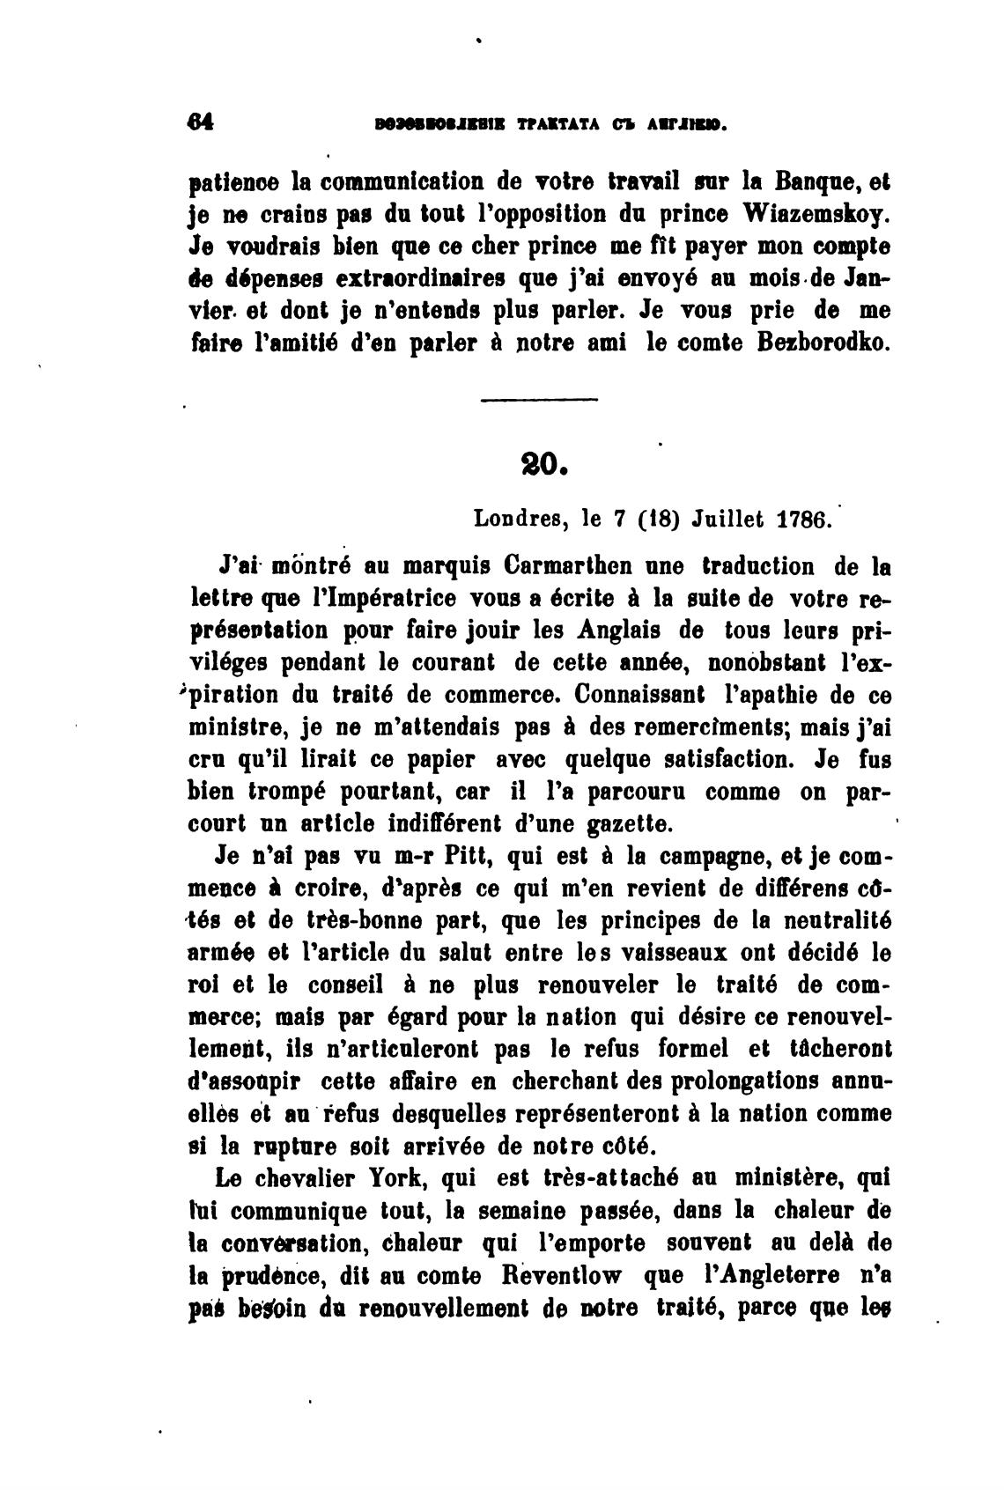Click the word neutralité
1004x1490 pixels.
[836, 920]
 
